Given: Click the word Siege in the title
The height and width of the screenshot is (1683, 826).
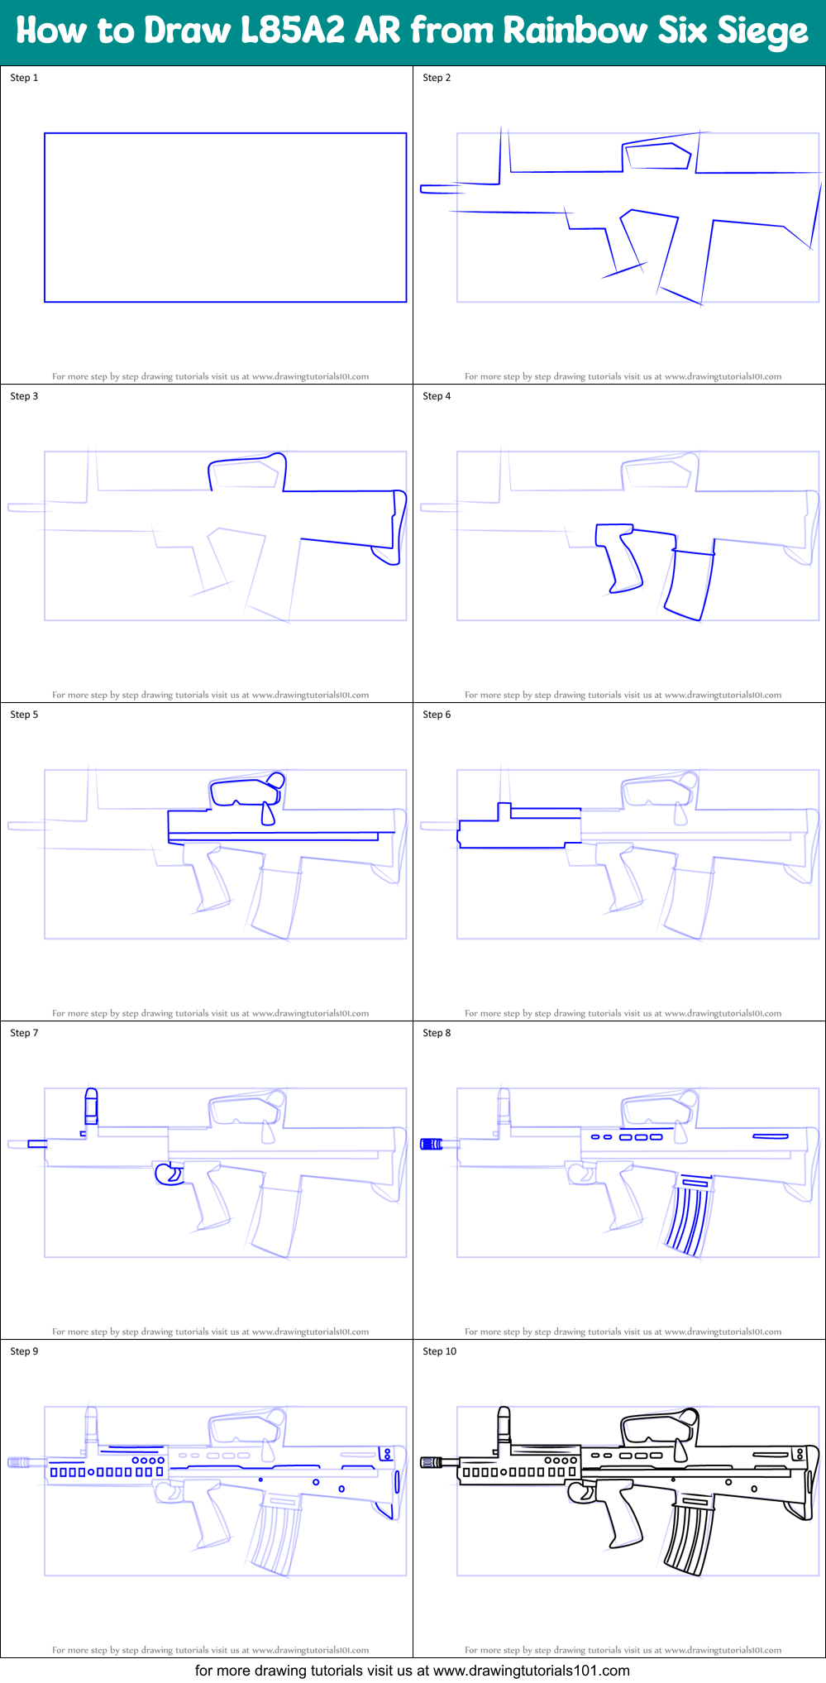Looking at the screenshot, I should [x=761, y=31].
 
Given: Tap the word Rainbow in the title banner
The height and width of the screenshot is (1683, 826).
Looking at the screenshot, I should [x=575, y=31].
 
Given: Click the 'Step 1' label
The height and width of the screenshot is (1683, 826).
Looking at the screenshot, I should [x=24, y=78].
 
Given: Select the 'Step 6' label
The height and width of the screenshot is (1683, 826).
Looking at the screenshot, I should [x=437, y=715].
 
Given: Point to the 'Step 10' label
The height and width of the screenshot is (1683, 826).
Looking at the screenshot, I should [x=439, y=1351].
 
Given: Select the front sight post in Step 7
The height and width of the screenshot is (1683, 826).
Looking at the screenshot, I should [x=91, y=1107].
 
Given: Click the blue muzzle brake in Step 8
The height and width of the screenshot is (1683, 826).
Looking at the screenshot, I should [x=431, y=1144].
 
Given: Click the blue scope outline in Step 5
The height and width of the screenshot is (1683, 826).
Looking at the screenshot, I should [x=245, y=791].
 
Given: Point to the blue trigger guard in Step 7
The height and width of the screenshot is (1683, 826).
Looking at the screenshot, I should [x=169, y=1174].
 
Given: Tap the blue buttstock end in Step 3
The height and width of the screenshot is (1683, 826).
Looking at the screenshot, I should [x=396, y=529].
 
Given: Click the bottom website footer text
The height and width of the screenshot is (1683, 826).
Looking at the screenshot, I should [x=413, y=1671].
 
